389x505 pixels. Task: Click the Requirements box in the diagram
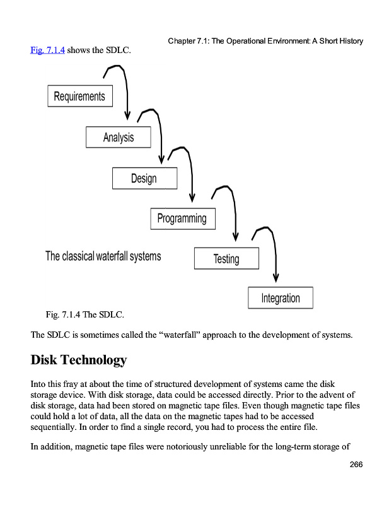click(x=80, y=97)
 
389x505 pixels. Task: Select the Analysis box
click(x=119, y=137)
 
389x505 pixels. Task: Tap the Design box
click(x=144, y=178)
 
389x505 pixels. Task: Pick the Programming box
click(x=182, y=218)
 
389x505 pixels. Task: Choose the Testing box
click(x=226, y=259)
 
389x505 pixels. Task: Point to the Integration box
click(x=281, y=298)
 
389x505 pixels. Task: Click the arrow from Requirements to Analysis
click(x=126, y=88)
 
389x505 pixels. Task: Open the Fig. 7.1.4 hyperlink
click(x=47, y=50)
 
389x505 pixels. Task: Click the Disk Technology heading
click(x=79, y=360)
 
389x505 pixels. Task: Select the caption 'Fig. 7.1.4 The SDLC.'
click(x=85, y=314)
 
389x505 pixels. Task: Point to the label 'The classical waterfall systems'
click(x=103, y=256)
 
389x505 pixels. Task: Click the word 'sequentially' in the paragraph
click(x=55, y=426)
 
